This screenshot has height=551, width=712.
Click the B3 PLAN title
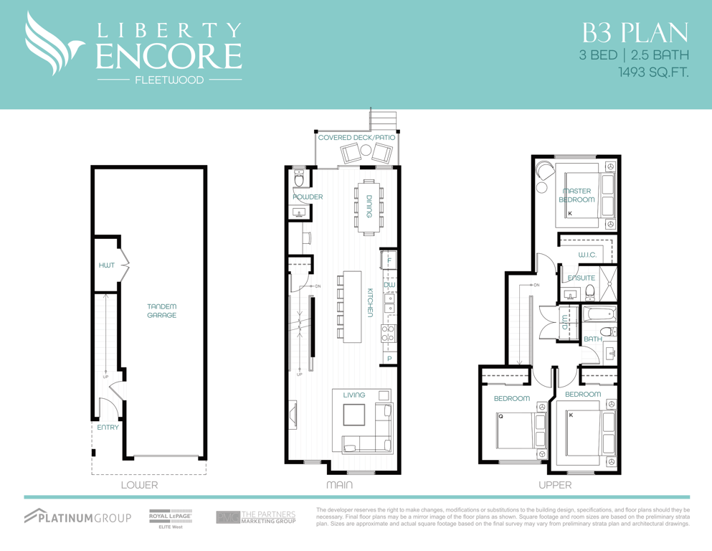(635, 33)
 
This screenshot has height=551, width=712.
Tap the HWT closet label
(107, 265)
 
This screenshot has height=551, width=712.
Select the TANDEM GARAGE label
(161, 311)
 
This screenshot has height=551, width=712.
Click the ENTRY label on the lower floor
(108, 428)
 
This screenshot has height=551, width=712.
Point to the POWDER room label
(308, 197)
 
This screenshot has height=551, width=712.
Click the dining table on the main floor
(369, 207)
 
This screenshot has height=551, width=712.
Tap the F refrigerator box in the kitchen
(389, 260)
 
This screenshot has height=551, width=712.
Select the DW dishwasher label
(389, 285)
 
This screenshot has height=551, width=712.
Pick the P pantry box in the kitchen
(389, 359)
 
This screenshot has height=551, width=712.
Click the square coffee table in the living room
(354, 415)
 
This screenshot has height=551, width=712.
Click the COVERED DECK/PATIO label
(356, 137)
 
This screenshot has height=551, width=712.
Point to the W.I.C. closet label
(587, 255)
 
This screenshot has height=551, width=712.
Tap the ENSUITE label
(582, 278)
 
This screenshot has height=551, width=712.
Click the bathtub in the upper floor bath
(599, 314)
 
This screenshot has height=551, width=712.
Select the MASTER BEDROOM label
(576, 195)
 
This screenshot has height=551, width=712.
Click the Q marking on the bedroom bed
(501, 416)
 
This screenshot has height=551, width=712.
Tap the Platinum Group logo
(77, 517)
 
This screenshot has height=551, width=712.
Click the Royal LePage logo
(171, 519)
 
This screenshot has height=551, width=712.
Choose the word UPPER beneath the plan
(555, 485)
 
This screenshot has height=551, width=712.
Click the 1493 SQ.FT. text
(653, 72)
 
